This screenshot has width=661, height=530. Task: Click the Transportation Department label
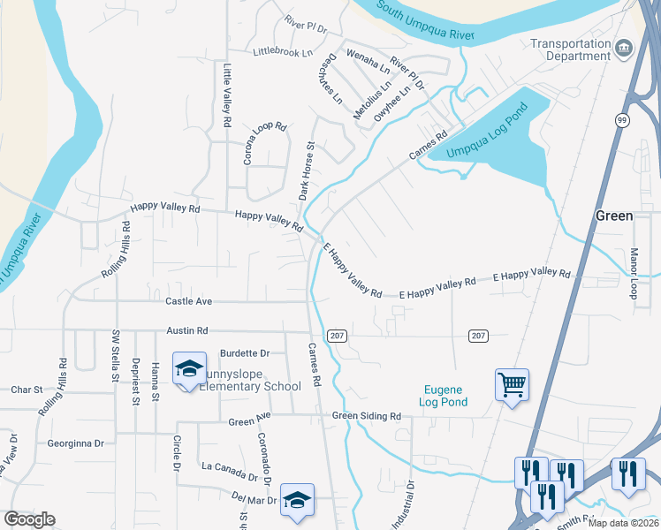570,49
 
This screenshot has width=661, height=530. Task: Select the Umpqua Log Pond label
487,132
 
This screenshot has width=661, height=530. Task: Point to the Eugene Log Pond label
431,395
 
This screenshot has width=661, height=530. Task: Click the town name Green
613,216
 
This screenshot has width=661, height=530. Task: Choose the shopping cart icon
512,385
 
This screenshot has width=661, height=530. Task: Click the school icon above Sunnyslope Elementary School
189,368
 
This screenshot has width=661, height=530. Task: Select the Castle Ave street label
189,301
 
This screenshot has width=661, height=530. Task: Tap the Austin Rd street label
186,330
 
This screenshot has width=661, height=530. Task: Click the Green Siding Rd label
367,416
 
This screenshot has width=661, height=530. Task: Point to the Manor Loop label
633,273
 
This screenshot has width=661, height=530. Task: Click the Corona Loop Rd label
266,144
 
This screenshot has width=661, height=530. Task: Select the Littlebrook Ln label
283,53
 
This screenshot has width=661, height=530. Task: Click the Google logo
29,519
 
